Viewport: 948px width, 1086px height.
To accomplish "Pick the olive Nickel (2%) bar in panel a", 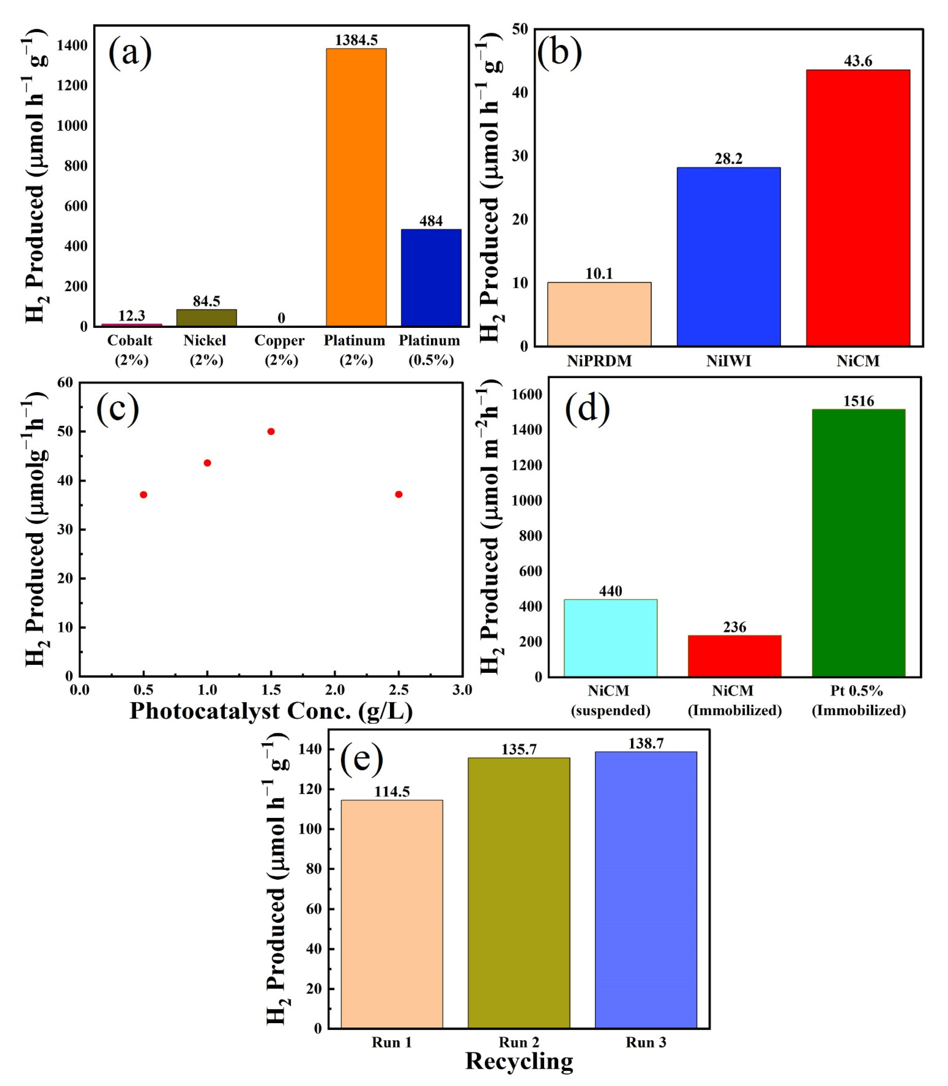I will click(x=206, y=318).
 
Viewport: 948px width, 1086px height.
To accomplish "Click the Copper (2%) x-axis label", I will click(x=280, y=350).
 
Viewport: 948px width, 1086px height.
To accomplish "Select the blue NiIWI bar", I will click(x=728, y=257).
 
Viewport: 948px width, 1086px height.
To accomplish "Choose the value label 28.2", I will click(x=728, y=159).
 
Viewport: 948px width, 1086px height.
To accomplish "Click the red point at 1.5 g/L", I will click(x=271, y=431).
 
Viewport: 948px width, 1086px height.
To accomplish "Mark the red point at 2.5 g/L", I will click(x=398, y=494).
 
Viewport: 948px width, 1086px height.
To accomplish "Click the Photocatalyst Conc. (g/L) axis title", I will click(x=271, y=711).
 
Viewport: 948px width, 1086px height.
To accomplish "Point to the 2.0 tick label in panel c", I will click(x=334, y=690).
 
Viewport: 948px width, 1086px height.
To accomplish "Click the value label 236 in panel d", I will click(x=734, y=627).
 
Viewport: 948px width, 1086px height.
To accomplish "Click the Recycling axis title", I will click(x=519, y=1062).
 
